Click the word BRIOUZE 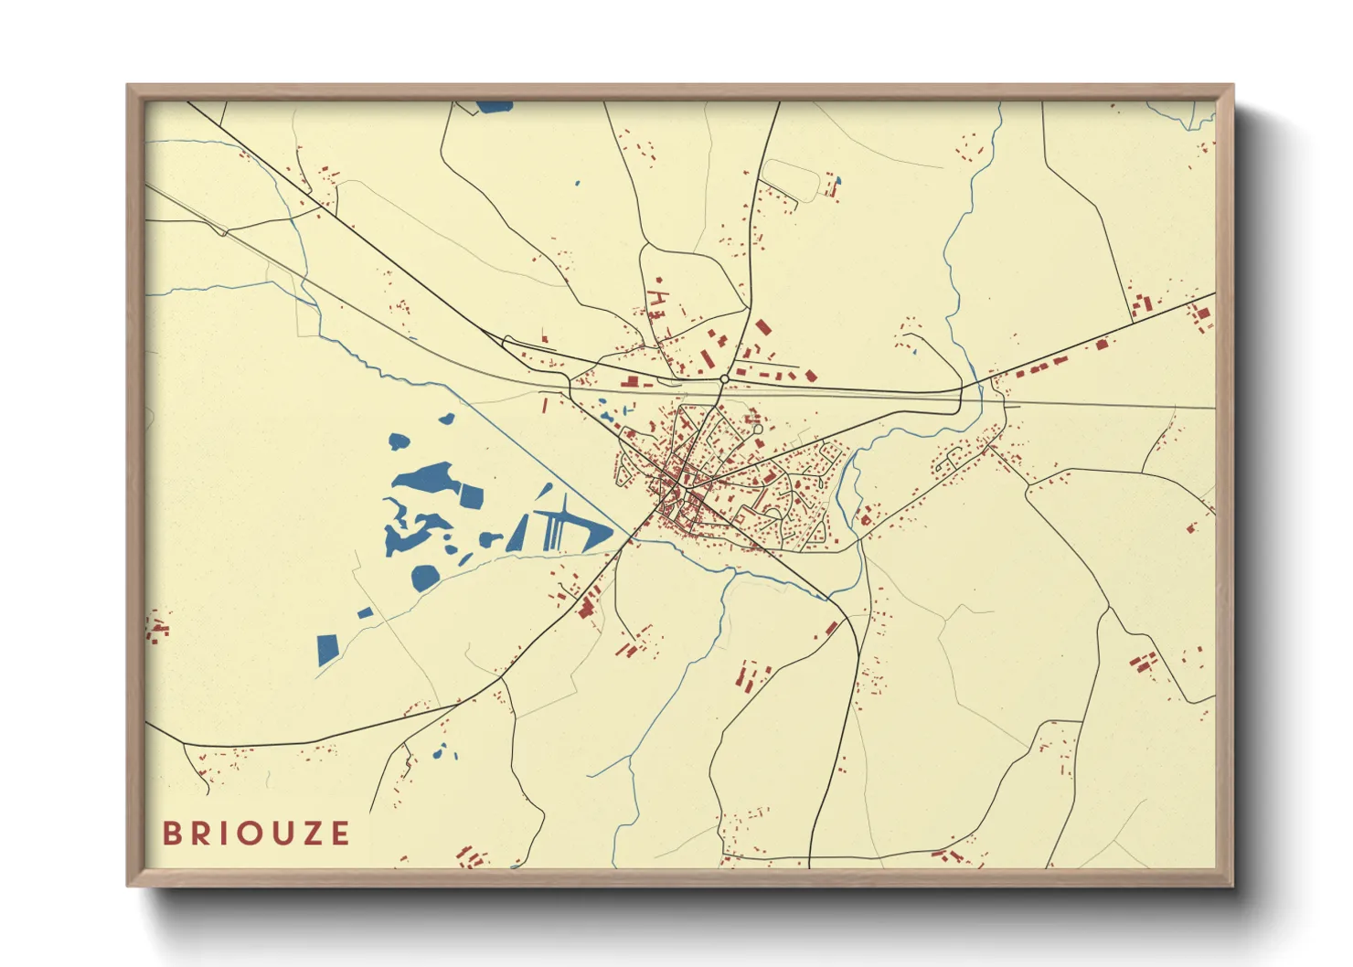[256, 833]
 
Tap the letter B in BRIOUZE [171, 833]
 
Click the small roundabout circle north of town [724, 378]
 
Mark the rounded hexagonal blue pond [425, 577]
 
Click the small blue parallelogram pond [365, 612]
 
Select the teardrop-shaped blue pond [399, 441]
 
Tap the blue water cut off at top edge [495, 106]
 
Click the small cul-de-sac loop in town [756, 427]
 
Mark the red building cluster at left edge [157, 628]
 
